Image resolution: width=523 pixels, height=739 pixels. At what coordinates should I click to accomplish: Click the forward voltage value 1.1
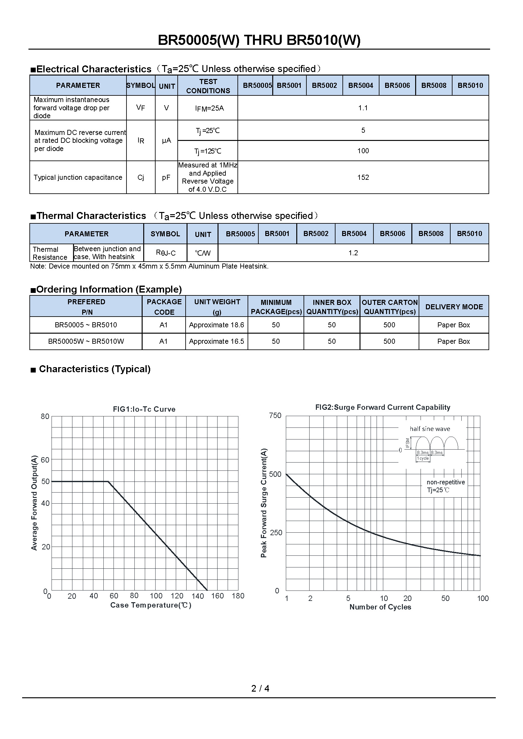[363, 108]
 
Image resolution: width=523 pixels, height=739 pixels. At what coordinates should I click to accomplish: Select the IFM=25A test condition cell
[209, 108]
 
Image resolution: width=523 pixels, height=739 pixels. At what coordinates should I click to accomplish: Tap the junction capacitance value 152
[363, 177]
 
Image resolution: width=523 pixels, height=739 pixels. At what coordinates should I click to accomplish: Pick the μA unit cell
[166, 141]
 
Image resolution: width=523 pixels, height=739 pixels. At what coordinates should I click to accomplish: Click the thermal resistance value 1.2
[353, 253]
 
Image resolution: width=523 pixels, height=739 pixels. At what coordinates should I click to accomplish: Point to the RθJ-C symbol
[165, 253]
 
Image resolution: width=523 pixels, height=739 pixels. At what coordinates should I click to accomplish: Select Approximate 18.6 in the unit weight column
[216, 325]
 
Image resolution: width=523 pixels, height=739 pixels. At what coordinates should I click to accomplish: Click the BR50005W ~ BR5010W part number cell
[86, 342]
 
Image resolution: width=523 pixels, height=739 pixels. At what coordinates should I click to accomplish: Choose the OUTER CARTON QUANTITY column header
[389, 307]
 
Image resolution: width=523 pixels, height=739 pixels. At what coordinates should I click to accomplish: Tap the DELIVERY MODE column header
[454, 307]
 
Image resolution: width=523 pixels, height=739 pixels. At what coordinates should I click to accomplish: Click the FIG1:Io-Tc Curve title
[144, 409]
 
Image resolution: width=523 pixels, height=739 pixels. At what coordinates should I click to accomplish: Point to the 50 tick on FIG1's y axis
[46, 481]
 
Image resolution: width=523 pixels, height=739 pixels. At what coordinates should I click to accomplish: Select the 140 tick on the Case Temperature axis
[198, 596]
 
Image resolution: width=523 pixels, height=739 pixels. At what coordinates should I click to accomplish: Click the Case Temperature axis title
[151, 605]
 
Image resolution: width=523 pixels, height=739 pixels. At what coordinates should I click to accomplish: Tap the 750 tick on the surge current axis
[275, 415]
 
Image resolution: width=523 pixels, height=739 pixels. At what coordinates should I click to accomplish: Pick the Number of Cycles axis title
[380, 607]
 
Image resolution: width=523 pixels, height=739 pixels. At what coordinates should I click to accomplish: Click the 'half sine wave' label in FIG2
[430, 429]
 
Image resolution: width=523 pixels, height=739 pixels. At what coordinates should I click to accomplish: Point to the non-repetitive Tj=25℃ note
[446, 486]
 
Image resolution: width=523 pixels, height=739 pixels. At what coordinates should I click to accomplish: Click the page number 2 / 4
[260, 688]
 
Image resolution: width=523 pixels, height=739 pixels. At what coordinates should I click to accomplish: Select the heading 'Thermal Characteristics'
[91, 216]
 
